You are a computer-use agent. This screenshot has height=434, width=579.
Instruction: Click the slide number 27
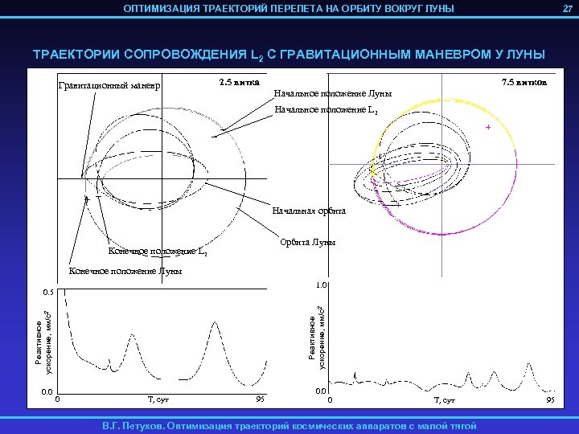coord(565,8)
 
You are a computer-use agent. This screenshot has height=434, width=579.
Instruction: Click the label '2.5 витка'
coord(239,82)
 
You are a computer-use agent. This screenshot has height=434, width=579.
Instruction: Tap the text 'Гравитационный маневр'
coord(110,86)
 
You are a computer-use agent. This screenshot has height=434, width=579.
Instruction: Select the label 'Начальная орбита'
coord(309,211)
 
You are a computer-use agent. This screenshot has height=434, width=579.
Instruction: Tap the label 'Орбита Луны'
coord(307,242)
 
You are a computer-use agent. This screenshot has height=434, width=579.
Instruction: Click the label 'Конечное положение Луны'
coord(125,271)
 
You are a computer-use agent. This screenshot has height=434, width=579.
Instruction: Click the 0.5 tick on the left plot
coord(49,292)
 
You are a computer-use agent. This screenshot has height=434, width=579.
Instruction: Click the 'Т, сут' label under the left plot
coord(158,399)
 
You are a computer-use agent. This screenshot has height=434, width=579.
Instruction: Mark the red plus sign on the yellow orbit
coord(487,128)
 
